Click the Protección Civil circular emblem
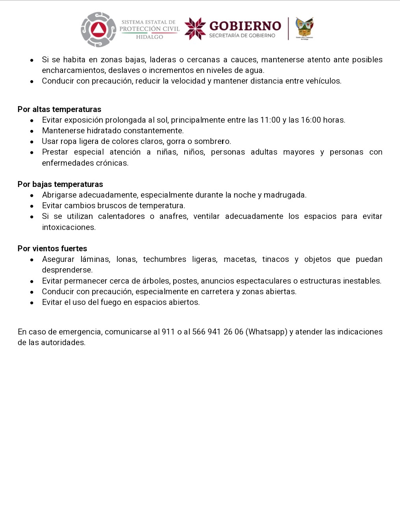[x=98, y=30]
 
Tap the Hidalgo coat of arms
[x=304, y=28]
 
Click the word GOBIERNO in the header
[x=245, y=26]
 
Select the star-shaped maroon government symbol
[x=195, y=28]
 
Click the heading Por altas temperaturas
[x=59, y=109]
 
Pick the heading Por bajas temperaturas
[x=60, y=184]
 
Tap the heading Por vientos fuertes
[x=52, y=248]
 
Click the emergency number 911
[x=168, y=332]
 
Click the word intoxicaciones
[x=69, y=227]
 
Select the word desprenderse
[x=67, y=270]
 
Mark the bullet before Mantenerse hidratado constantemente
[x=32, y=131]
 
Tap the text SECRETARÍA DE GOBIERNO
[x=242, y=35]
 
